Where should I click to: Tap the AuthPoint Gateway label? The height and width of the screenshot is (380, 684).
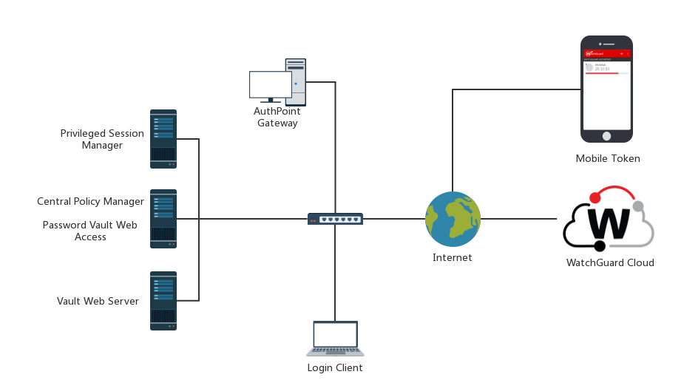pyautogui.click(x=277, y=117)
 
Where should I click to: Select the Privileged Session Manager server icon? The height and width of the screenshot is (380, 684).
pyautogui.click(x=163, y=138)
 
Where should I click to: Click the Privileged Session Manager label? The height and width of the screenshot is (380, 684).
pyautogui.click(x=102, y=139)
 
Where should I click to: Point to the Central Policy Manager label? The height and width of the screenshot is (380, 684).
pyautogui.click(x=90, y=201)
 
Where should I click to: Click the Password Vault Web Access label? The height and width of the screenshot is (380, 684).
pyautogui.click(x=89, y=231)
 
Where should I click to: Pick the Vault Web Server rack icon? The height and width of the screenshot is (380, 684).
pyautogui.click(x=163, y=300)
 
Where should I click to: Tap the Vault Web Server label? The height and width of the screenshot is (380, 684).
pyautogui.click(x=98, y=301)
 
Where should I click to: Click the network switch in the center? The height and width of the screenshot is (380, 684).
pyautogui.click(x=335, y=219)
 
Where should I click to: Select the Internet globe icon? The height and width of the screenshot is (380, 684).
pyautogui.click(x=453, y=219)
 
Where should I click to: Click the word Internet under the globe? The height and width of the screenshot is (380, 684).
pyautogui.click(x=452, y=257)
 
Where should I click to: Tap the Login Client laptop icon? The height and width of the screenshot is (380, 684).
pyautogui.click(x=335, y=339)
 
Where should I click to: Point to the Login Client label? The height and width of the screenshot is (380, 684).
pyautogui.click(x=335, y=367)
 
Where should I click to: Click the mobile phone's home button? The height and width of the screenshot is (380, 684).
pyautogui.click(x=606, y=136)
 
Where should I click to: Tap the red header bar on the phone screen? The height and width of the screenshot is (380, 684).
pyautogui.click(x=606, y=53)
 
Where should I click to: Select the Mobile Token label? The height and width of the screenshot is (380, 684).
pyautogui.click(x=608, y=158)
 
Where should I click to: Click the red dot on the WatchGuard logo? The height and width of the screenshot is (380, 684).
pyautogui.click(x=595, y=197)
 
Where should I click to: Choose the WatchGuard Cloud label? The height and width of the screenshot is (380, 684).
pyautogui.click(x=610, y=262)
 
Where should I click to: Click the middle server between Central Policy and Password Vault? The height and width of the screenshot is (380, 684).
pyautogui.click(x=163, y=218)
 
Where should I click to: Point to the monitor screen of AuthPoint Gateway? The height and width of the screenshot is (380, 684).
pyautogui.click(x=270, y=84)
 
